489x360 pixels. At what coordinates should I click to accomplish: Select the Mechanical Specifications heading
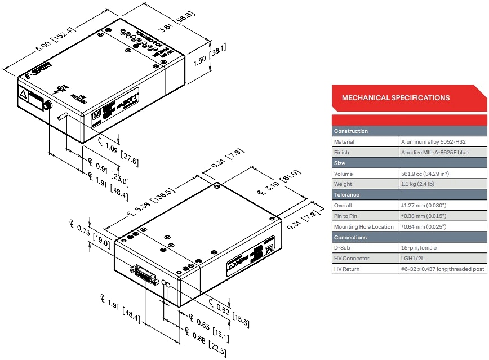(x=395, y=98)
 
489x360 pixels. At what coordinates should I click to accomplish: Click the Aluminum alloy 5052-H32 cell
(x=434, y=142)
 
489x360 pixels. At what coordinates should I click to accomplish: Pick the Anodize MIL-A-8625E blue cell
(x=434, y=153)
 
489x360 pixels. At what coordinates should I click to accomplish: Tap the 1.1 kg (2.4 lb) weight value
(x=418, y=184)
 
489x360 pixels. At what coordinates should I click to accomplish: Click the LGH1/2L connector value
(x=416, y=259)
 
